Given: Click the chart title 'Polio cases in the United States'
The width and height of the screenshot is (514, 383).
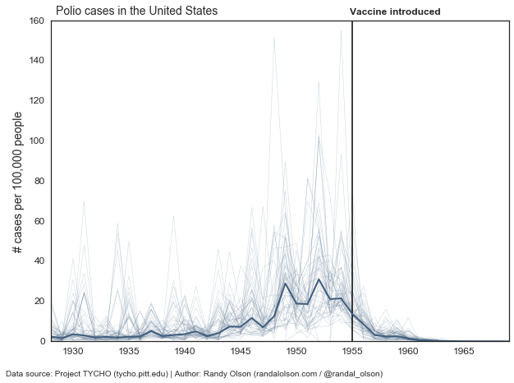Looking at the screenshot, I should coord(136,12).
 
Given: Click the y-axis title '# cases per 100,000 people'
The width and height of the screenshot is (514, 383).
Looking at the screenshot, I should coord(18,182).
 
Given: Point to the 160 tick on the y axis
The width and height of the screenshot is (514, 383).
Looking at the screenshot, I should coord(36,21).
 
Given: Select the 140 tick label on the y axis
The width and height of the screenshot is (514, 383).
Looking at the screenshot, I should coord(36,61).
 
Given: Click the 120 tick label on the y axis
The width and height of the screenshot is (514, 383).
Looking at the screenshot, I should coord(36,101).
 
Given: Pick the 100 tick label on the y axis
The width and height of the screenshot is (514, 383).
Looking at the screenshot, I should coord(36,141).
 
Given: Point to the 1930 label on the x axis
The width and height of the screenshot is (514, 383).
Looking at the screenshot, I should coord(73,351).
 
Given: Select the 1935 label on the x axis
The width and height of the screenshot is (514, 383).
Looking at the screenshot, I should coord(129,351).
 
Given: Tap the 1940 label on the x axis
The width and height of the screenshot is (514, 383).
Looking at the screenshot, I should coord(185,351).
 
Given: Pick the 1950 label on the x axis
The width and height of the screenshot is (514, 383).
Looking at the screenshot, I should coord(296,351).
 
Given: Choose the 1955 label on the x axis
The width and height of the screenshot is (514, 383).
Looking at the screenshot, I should coord(352,351).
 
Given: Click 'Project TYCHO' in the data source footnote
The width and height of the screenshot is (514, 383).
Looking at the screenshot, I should coord(83,374).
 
